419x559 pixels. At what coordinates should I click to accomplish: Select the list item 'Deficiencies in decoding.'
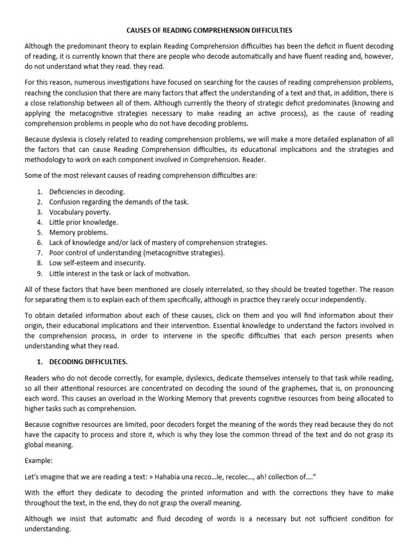pos(87,192)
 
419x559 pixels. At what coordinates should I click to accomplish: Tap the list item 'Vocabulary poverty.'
pos(80,212)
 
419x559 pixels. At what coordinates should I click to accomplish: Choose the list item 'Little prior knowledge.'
pos(83,222)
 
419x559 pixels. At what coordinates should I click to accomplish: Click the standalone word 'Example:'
pos(39,461)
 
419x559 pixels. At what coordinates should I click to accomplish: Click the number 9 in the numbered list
pos(40,273)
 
